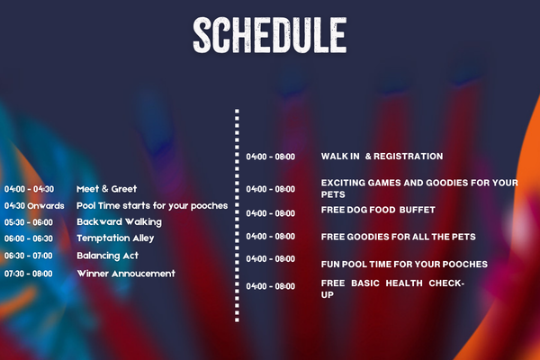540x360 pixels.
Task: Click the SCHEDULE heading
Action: (x=270, y=35)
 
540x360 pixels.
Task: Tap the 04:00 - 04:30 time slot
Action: (x=30, y=189)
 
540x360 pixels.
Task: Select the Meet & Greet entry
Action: (x=107, y=189)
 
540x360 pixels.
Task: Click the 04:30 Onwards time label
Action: (x=34, y=206)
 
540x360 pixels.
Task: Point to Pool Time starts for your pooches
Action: (x=152, y=206)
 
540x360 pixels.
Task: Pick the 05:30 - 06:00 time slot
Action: (x=29, y=222)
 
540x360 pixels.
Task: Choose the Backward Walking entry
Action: (x=119, y=222)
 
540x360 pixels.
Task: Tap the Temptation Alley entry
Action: (x=115, y=238)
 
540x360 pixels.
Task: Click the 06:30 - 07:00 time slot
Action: (x=29, y=256)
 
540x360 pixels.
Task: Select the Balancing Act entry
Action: (x=107, y=256)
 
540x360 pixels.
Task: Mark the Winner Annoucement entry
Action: (x=126, y=274)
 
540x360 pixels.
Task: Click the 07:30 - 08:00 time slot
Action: (x=29, y=274)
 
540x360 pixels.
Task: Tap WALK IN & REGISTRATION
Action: (x=382, y=157)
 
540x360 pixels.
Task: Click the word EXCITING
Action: (x=343, y=183)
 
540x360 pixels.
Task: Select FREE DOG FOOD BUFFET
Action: (x=378, y=210)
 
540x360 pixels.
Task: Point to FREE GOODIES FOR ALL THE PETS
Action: (x=398, y=237)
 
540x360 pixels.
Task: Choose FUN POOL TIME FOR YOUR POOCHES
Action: (x=404, y=265)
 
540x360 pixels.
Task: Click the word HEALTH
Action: (x=404, y=283)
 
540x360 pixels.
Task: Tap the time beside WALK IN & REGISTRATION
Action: (x=270, y=157)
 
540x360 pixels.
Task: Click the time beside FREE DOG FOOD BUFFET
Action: (x=270, y=213)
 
